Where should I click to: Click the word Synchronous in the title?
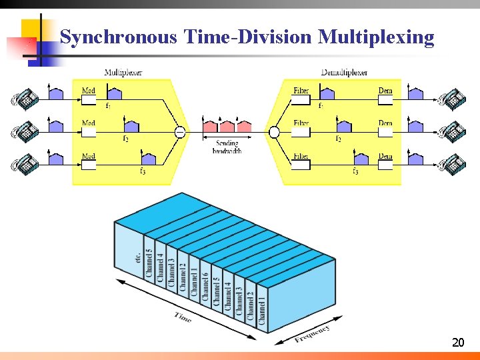(x=119, y=37)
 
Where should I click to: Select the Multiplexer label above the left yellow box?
(x=123, y=72)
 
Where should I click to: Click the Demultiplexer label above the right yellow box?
(x=344, y=72)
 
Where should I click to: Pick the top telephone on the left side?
(x=25, y=99)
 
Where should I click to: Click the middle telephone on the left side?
(x=25, y=131)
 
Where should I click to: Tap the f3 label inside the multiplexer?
(x=142, y=171)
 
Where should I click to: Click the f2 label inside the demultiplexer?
(x=338, y=139)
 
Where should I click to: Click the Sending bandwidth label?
(x=227, y=147)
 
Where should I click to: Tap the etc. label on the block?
(x=137, y=257)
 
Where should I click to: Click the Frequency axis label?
(x=312, y=333)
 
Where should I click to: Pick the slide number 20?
(x=457, y=343)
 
